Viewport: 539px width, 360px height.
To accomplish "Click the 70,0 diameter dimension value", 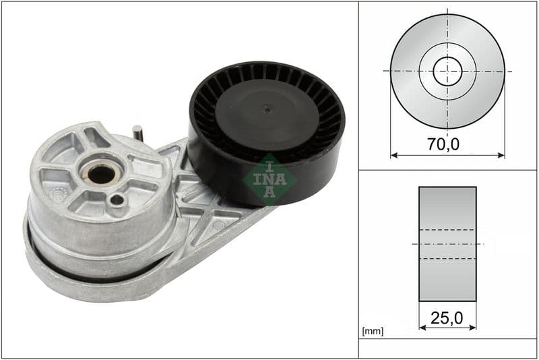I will (x=447, y=144).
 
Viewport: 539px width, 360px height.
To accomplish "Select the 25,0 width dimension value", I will (x=447, y=316).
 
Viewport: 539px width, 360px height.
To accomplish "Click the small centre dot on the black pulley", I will (x=267, y=109).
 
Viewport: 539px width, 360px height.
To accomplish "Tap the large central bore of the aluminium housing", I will (x=100, y=174).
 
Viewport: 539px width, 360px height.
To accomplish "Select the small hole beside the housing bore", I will (x=118, y=200).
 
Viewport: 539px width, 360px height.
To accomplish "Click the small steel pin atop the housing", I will (x=137, y=132).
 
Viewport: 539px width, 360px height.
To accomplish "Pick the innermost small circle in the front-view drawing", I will (x=447, y=71).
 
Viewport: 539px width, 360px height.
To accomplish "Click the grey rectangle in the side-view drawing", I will (x=447, y=202).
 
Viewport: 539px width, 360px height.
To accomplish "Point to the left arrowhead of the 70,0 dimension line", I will (x=393, y=155).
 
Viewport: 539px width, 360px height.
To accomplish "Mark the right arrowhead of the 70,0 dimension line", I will (x=502, y=155).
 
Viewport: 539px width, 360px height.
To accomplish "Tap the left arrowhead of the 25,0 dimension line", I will (x=422, y=328).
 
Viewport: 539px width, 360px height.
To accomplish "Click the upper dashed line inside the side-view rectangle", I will (x=447, y=230).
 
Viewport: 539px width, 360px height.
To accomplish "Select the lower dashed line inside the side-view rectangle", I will (x=447, y=258).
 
